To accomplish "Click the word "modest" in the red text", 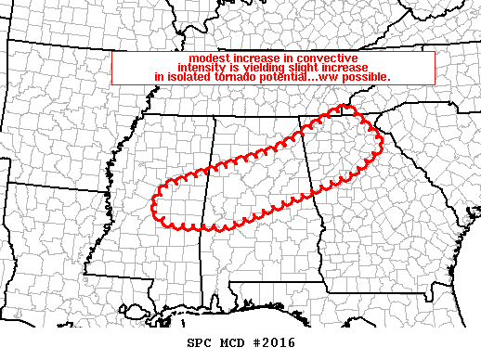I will coord(207,58).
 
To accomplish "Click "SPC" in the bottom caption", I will coord(200,342).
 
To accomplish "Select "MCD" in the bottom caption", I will coord(233,342).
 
